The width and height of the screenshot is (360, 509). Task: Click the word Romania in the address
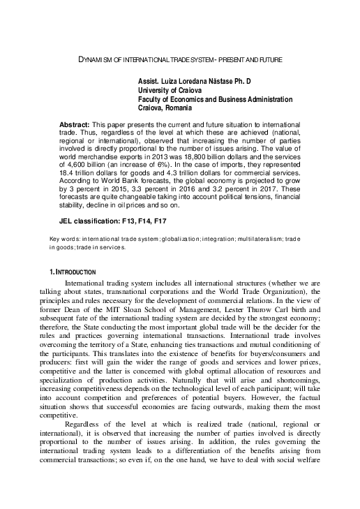(x=179, y=108)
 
